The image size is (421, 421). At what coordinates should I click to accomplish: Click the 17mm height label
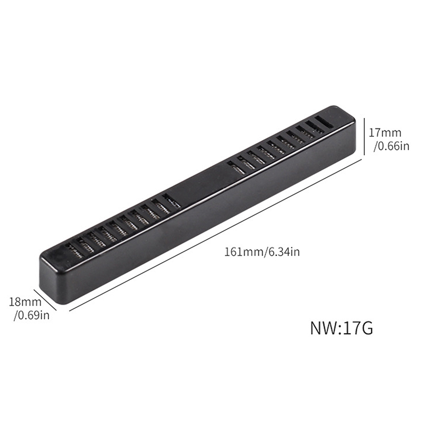(x=385, y=133)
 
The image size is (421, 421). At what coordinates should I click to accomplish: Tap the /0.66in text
(x=392, y=146)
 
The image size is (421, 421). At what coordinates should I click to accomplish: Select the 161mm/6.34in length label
(x=262, y=253)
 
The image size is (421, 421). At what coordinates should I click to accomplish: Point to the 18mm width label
(x=25, y=302)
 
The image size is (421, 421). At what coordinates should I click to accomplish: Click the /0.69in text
(x=32, y=315)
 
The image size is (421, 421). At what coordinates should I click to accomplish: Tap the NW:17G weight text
(x=342, y=328)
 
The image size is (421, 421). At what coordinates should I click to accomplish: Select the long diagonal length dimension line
(x=216, y=235)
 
